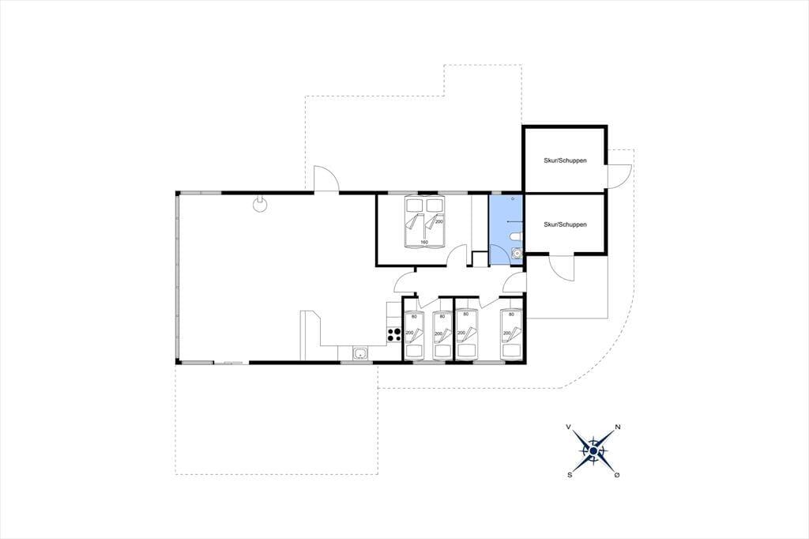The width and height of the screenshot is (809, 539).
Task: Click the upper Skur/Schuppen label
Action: (x=565, y=160)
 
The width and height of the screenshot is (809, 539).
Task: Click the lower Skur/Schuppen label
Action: (x=565, y=224)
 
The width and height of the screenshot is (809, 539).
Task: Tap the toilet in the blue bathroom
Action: (x=516, y=237)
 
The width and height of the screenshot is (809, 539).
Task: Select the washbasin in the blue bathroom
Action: (x=516, y=253)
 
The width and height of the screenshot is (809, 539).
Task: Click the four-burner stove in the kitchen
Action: (x=394, y=334)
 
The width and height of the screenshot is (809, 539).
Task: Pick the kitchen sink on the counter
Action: (x=360, y=353)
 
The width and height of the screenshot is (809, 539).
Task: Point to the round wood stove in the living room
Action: (x=260, y=204)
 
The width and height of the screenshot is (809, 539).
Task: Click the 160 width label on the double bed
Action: (x=424, y=242)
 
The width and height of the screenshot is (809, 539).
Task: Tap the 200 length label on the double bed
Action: (x=439, y=221)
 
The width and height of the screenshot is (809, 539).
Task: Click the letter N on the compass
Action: (x=618, y=427)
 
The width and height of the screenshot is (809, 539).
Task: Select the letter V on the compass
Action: (x=569, y=427)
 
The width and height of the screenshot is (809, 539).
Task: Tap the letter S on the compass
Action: (x=570, y=475)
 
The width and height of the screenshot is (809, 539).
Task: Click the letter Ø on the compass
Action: (x=616, y=475)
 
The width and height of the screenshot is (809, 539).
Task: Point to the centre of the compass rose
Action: (x=593, y=451)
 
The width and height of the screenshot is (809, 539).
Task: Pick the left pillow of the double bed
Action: (x=414, y=205)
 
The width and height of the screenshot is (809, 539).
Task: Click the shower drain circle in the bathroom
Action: (x=512, y=199)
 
